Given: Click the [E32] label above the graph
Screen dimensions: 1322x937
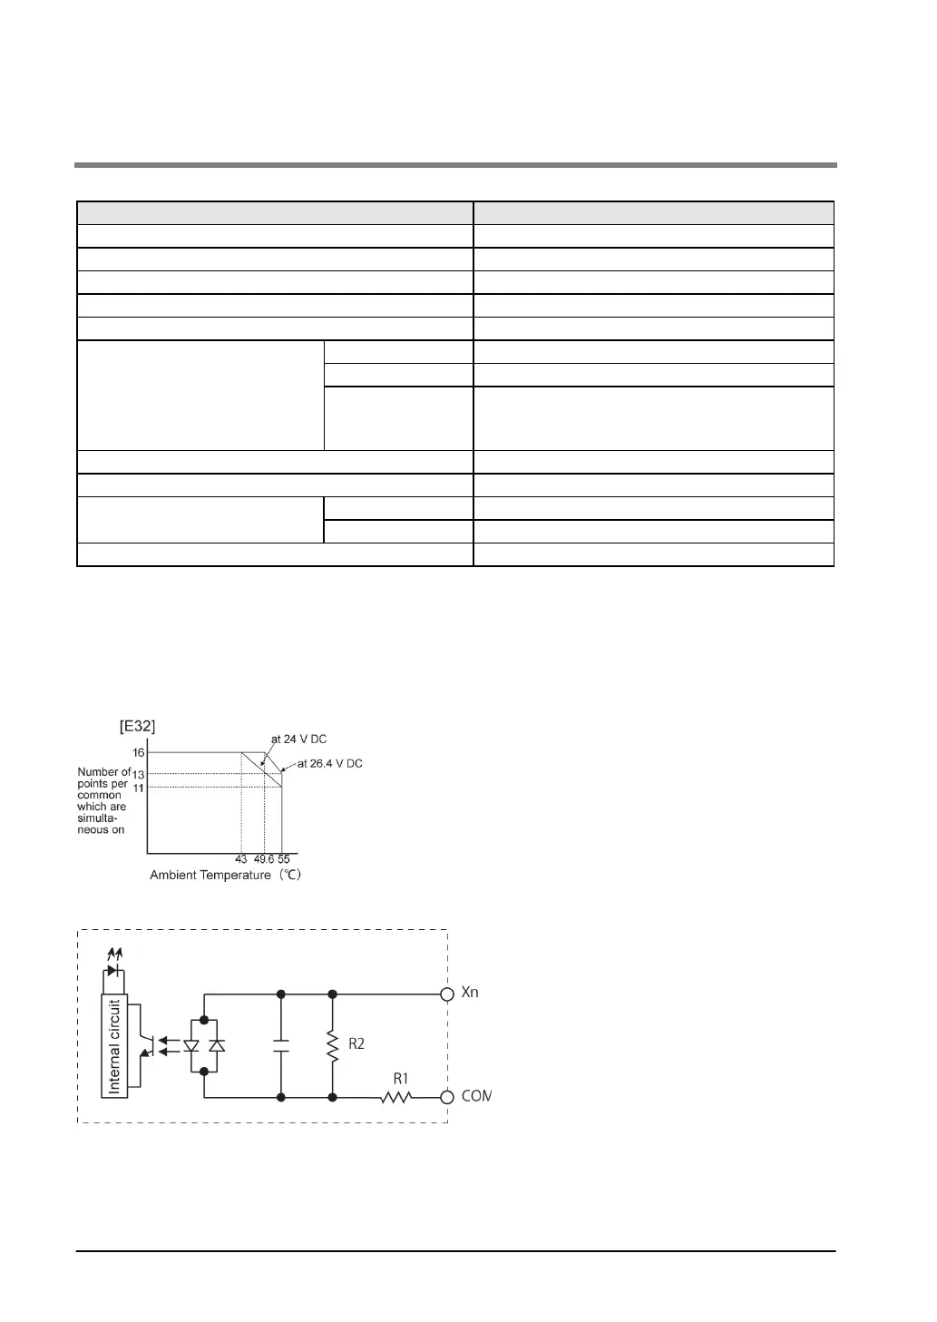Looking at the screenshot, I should (137, 726).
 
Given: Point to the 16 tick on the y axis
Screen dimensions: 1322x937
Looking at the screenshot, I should (139, 753).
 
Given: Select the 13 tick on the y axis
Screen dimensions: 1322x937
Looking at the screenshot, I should (139, 774).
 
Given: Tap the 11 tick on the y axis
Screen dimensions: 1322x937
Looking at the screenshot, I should (139, 788).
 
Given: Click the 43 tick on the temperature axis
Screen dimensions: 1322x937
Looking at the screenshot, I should (241, 859).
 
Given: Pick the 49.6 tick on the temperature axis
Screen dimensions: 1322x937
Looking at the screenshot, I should (264, 859).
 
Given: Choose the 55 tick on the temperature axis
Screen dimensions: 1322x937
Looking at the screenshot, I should (284, 859).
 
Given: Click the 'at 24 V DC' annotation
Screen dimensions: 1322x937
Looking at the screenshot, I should (298, 739).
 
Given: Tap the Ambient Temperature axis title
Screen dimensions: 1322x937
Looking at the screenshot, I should (225, 876).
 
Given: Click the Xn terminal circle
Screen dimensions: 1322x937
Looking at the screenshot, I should (447, 994).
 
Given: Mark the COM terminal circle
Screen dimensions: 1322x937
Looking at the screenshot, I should (447, 1097).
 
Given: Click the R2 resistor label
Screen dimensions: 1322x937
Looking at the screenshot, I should (356, 1044).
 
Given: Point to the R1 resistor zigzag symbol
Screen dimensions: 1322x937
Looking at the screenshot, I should (396, 1097).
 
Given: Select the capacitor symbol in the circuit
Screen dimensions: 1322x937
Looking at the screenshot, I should (281, 1045).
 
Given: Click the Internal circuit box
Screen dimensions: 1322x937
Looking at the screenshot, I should (115, 1046).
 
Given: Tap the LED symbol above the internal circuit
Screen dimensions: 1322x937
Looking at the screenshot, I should (112, 970).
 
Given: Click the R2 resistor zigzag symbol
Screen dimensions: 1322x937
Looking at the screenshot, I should (333, 1045).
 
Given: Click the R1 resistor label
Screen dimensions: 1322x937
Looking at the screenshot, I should (401, 1079).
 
